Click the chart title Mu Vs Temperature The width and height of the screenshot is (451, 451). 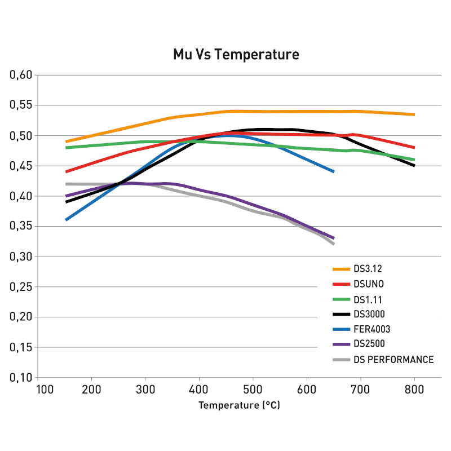pyautogui.click(x=236, y=55)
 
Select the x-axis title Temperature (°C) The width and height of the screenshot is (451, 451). pyautogui.click(x=239, y=405)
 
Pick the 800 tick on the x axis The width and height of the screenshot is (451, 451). pyautogui.click(x=414, y=389)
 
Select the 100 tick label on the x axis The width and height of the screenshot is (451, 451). pyautogui.click(x=37, y=389)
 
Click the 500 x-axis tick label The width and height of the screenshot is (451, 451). pyautogui.click(x=253, y=389)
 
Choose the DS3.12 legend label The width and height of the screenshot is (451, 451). pyautogui.click(x=368, y=269)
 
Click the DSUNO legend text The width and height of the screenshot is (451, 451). pyautogui.click(x=369, y=284)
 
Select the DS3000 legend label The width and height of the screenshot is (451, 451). pyautogui.click(x=370, y=314)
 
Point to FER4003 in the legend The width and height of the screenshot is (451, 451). pyautogui.click(x=372, y=329)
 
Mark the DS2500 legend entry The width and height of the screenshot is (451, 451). pyautogui.click(x=370, y=344)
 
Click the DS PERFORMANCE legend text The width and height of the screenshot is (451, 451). pyautogui.click(x=393, y=359)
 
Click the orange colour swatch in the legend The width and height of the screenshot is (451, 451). pyautogui.click(x=341, y=269)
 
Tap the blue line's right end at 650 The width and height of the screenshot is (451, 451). pyautogui.click(x=334, y=171)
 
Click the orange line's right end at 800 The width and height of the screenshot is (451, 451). pyautogui.click(x=414, y=114)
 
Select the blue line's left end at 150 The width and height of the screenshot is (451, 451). pyautogui.click(x=67, y=220)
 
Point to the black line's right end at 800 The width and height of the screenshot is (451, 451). pyautogui.click(x=414, y=166)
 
